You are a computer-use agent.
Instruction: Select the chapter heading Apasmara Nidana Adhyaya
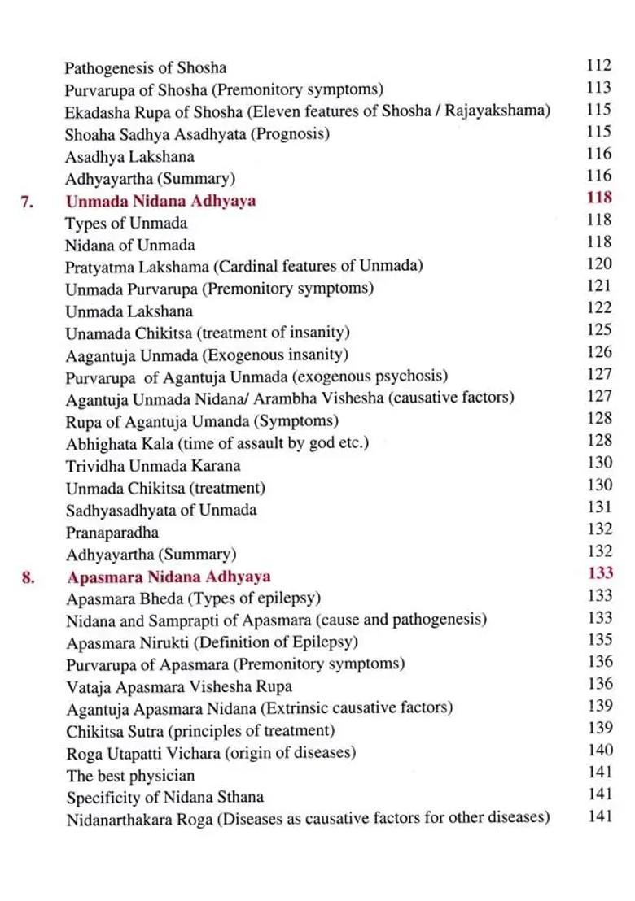click(169, 577)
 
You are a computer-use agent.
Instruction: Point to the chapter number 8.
click(27, 577)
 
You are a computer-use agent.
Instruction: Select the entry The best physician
click(130, 775)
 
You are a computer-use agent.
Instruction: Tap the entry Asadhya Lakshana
click(129, 156)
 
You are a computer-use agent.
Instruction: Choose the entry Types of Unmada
click(126, 223)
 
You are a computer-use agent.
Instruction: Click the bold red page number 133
click(599, 573)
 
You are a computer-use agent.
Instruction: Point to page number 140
click(599, 750)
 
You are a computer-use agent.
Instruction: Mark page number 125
click(598, 330)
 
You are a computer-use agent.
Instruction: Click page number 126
click(598, 352)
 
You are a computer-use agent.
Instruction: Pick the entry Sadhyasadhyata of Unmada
click(160, 510)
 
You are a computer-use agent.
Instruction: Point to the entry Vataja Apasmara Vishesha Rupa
click(179, 686)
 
